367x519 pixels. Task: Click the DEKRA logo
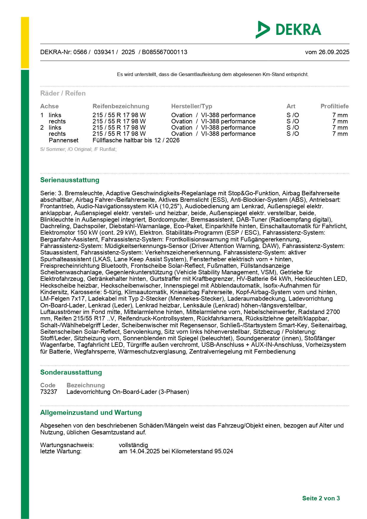tap(288, 30)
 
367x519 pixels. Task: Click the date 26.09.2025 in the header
tap(334, 52)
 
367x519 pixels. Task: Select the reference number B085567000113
tap(164, 52)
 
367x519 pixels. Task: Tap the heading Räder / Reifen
tap(63, 93)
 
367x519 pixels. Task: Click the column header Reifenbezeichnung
tap(121, 106)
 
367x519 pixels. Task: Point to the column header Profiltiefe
tap(334, 106)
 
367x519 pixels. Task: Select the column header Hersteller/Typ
tap(192, 106)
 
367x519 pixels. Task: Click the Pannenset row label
tap(64, 140)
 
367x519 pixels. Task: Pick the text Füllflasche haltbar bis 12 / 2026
tap(136, 140)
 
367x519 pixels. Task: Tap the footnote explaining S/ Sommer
tap(78, 149)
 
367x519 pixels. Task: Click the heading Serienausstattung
tap(70, 180)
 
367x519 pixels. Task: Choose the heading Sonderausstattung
tap(71, 372)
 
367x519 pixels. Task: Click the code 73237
tap(48, 392)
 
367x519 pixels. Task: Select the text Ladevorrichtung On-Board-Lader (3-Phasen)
tap(128, 392)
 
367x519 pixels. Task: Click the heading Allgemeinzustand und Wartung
tap(91, 412)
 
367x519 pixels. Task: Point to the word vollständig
tap(133, 445)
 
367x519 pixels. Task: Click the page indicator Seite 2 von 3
tap(321, 498)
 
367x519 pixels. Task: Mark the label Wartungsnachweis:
tap(67, 445)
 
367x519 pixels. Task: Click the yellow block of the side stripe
tap(25, 43)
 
